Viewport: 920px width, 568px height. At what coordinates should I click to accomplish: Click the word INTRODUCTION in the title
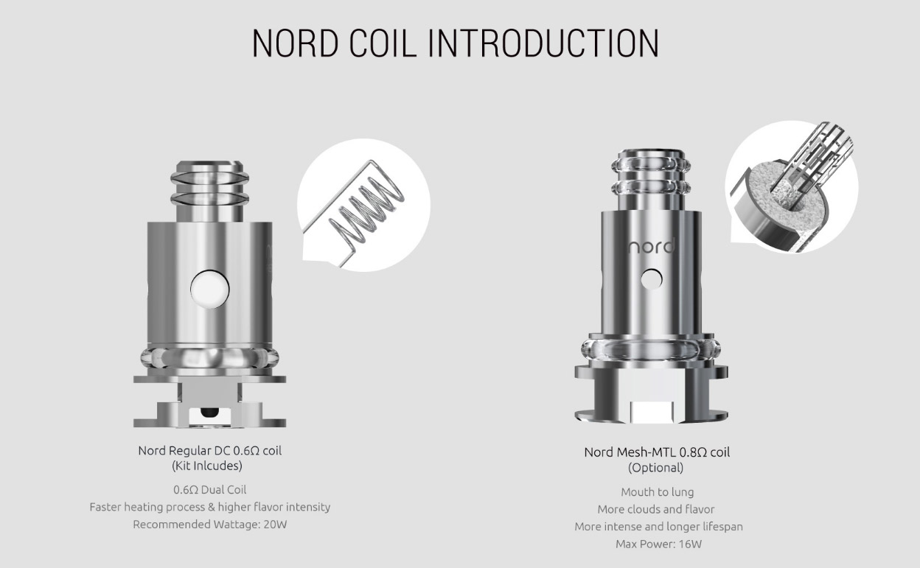point(543,44)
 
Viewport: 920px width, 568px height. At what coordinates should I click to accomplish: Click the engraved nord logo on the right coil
point(651,245)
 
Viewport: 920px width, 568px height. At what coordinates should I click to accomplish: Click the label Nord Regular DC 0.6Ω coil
point(209,450)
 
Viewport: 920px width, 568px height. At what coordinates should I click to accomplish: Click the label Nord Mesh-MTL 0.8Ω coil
point(656,452)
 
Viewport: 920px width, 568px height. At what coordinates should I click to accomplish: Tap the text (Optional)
point(655,468)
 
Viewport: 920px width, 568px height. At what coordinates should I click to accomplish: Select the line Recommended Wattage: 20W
point(209,525)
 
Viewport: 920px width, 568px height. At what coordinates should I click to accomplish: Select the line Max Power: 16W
point(658,544)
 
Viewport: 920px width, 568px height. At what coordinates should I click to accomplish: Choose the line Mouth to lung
point(657,492)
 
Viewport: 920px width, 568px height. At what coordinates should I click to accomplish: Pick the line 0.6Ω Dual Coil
point(209,490)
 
